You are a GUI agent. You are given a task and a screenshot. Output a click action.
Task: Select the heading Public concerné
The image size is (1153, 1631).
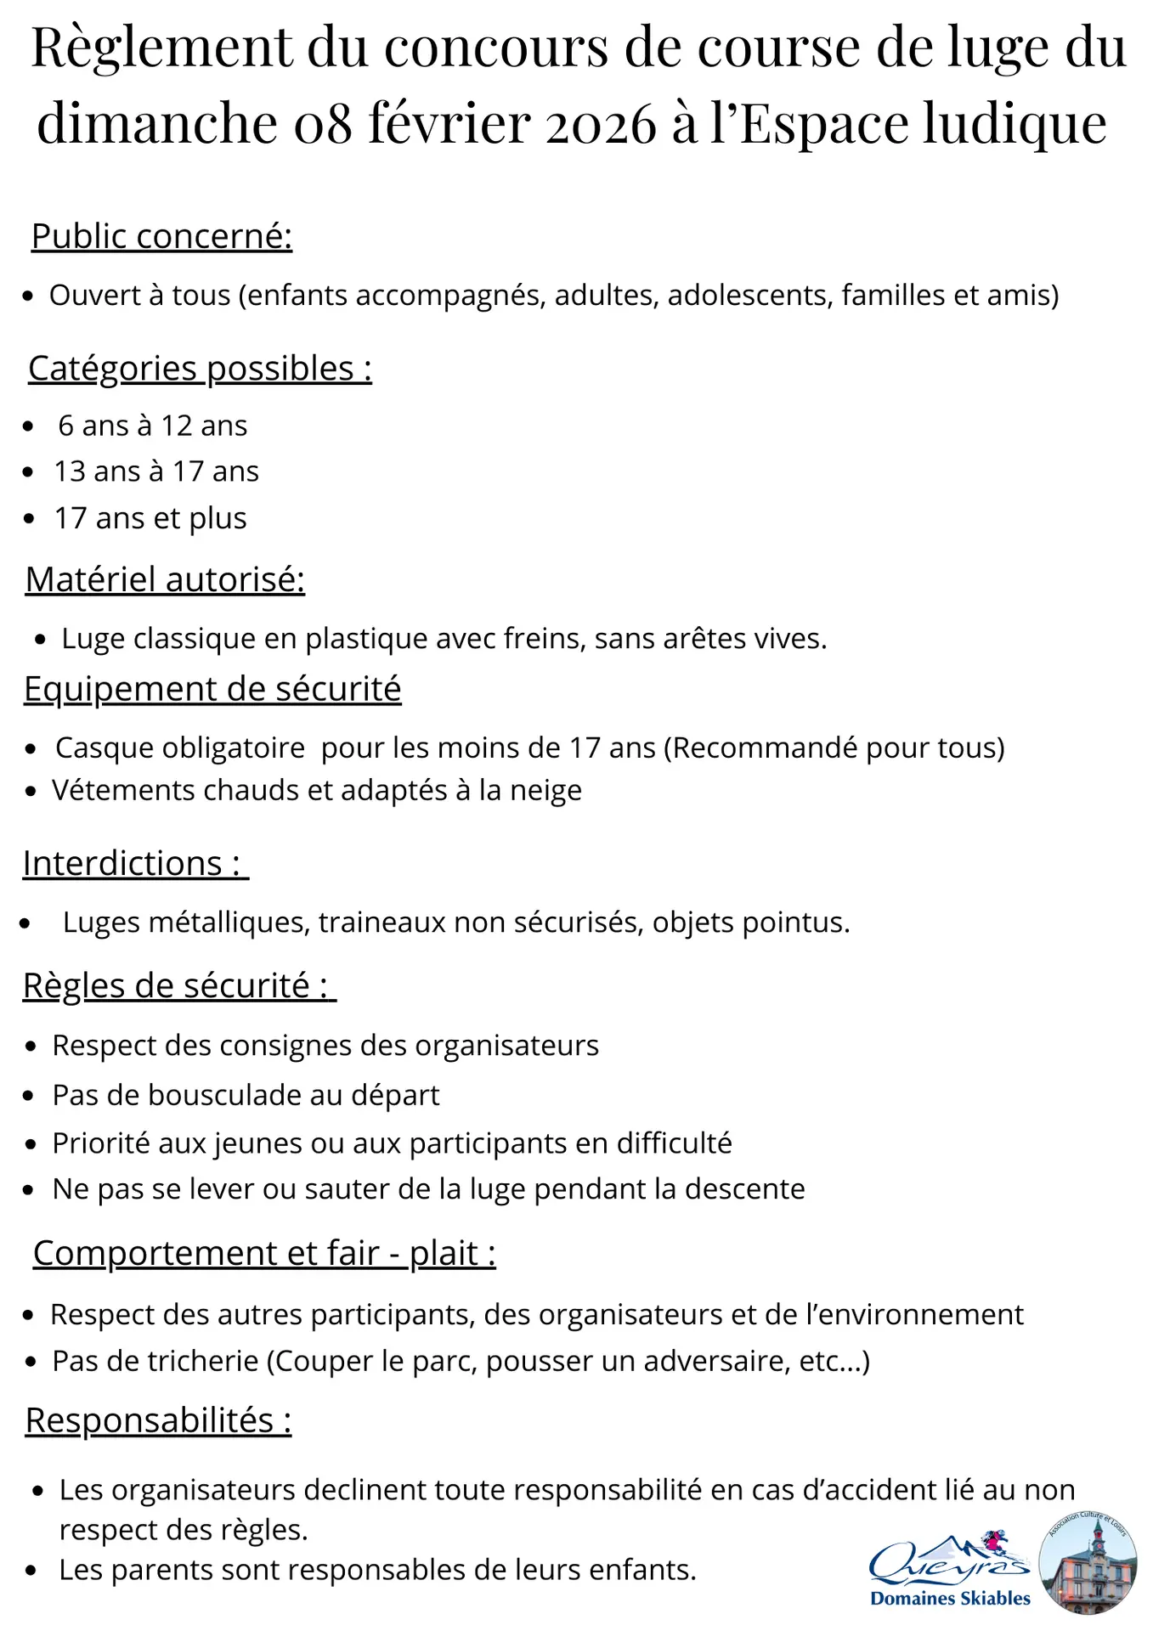[x=161, y=236]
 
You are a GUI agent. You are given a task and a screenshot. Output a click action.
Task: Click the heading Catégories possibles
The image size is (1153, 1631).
[x=200, y=369]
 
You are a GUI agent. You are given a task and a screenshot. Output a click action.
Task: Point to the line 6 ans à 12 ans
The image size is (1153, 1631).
[x=152, y=426]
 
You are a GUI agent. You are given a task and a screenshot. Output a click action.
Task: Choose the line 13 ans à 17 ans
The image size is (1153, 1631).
[x=156, y=471]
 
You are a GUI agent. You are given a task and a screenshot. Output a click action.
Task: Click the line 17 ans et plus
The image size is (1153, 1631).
[x=150, y=518]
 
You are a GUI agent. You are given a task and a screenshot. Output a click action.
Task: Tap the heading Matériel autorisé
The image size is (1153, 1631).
[x=165, y=579]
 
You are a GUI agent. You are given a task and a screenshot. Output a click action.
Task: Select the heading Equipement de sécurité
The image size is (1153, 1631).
[x=212, y=689]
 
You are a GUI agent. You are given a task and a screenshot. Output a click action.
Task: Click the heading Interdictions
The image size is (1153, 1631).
[x=135, y=863]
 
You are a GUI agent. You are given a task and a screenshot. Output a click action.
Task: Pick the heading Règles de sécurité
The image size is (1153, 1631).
[x=179, y=985]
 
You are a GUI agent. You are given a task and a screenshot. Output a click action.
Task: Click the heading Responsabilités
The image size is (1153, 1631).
[x=158, y=1420]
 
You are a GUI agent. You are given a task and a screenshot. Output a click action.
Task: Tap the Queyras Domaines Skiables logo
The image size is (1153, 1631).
[x=950, y=1572]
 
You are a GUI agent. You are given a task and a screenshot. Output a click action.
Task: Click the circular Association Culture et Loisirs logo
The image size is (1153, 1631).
[x=1088, y=1563]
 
